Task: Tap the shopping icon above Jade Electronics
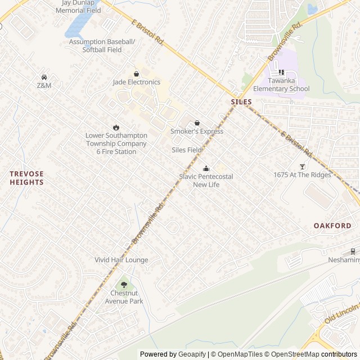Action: tap(136, 74)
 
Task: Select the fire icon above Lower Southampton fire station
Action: tap(116, 127)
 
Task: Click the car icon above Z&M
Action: tap(44, 77)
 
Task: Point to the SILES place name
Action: tap(241, 102)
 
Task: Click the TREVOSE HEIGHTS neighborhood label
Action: tap(26, 178)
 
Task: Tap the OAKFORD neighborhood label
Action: tap(332, 226)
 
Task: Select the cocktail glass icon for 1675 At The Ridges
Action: tap(302, 166)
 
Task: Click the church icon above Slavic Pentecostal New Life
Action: tap(206, 168)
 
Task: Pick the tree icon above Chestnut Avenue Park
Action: tap(124, 285)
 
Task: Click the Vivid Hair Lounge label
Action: tap(121, 260)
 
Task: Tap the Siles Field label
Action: tap(187, 150)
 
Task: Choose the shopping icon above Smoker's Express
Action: tap(197, 123)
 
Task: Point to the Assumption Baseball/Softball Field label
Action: tap(102, 46)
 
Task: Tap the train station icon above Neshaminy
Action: tap(353, 251)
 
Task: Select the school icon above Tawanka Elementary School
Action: tap(281, 72)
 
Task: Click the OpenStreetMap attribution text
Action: tap(291, 354)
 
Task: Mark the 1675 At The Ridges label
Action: tap(302, 175)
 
